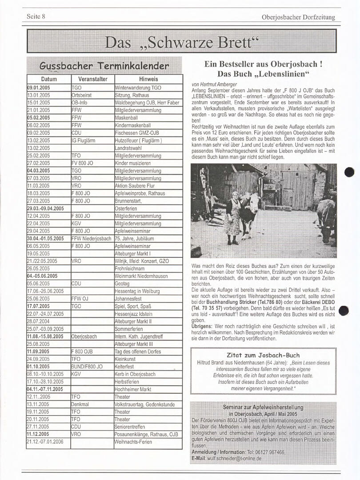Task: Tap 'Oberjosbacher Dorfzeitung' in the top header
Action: [298, 17]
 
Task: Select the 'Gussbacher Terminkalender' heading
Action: [104, 66]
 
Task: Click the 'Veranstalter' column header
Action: [92, 79]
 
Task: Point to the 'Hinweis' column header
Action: [148, 79]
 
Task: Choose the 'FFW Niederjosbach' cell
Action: [91, 239]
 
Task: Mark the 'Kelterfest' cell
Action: [126, 367]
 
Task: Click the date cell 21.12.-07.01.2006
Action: [45, 442]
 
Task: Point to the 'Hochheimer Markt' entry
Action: [133, 389]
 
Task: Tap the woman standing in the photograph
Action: [232, 218]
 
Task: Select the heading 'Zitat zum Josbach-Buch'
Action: [263, 355]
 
